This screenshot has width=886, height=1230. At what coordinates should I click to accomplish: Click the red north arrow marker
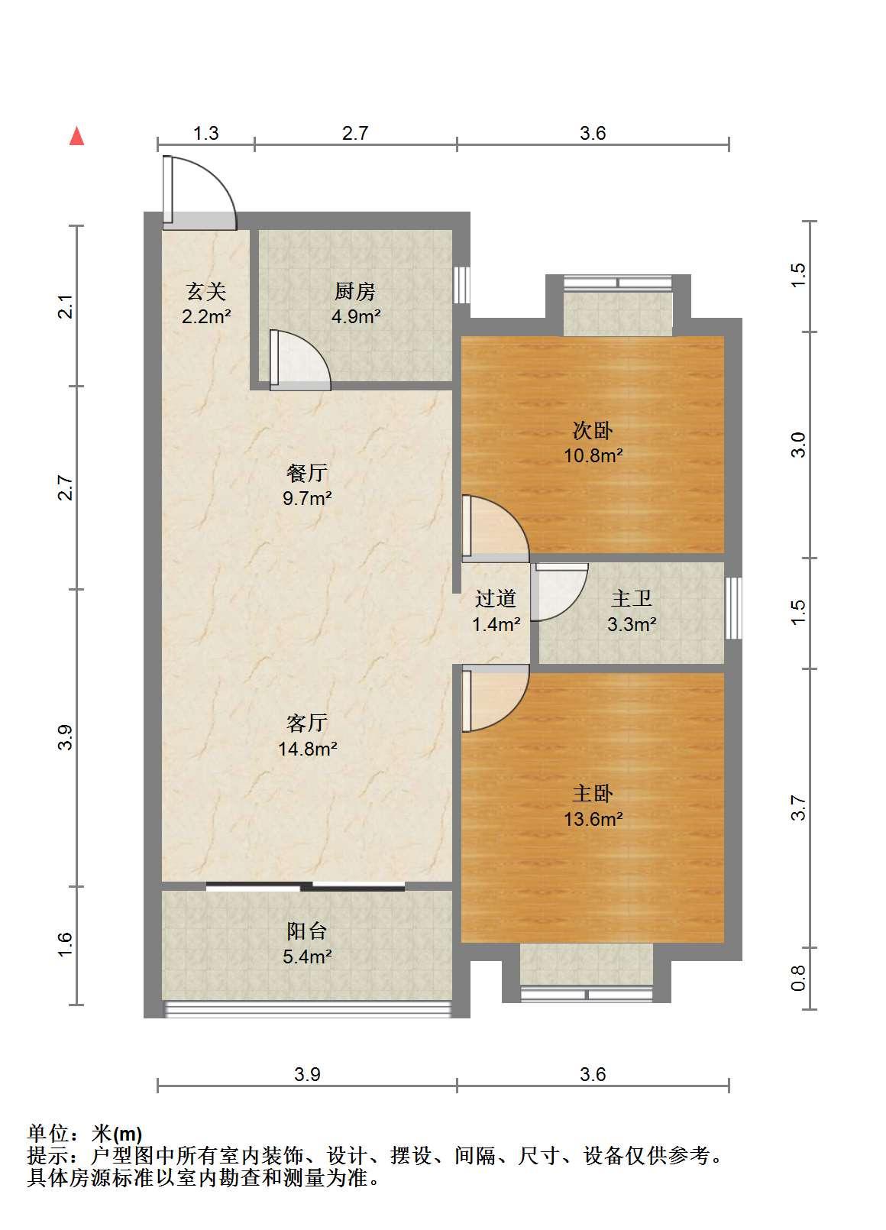point(77,136)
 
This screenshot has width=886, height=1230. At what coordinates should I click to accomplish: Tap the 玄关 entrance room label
point(206,292)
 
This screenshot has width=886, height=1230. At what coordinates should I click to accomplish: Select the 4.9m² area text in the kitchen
point(356,316)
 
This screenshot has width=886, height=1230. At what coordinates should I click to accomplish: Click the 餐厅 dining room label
point(307,473)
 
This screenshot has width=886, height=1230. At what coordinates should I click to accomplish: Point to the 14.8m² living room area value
point(307,749)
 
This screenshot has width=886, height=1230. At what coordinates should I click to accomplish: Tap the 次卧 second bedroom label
point(593,431)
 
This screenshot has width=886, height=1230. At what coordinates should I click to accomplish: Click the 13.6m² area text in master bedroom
point(593,819)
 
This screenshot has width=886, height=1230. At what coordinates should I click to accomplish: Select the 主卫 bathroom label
point(632,598)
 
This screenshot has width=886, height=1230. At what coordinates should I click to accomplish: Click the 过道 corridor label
point(496,598)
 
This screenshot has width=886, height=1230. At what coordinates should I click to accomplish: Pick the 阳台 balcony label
point(307,931)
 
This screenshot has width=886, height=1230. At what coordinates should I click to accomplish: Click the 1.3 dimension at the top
point(206,134)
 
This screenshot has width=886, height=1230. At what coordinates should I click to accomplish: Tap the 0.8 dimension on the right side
point(798,978)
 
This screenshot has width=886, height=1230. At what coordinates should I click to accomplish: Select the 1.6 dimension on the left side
point(65,944)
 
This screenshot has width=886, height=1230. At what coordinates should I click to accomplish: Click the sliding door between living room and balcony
point(306,885)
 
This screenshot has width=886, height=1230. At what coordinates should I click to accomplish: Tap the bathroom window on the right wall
point(733,608)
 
